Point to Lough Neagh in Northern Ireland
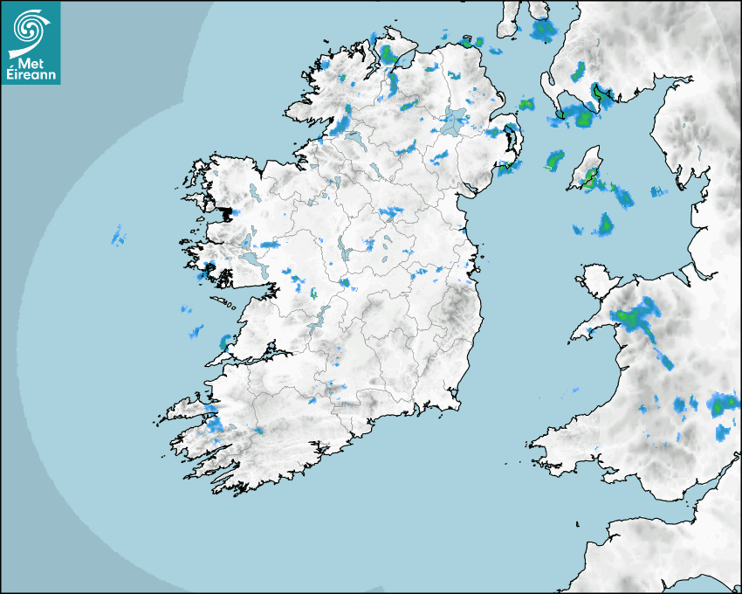point(454,119)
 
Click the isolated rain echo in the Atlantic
point(118,235)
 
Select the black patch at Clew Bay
point(228,212)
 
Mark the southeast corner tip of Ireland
point(455,404)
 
